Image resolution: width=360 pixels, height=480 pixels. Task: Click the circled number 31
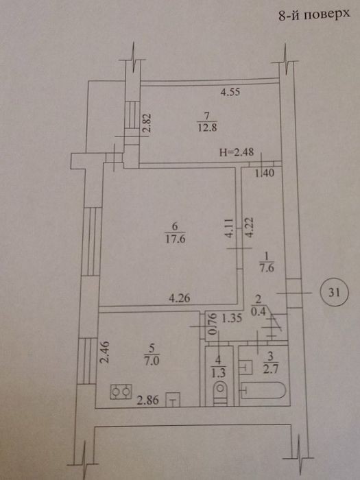click(x=335, y=293)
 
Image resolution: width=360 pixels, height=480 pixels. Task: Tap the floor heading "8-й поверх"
click(x=314, y=15)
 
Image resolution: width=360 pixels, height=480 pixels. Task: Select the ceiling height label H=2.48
click(x=237, y=152)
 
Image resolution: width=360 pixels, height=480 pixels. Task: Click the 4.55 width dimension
click(x=230, y=92)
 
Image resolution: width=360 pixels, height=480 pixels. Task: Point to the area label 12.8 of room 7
click(x=207, y=127)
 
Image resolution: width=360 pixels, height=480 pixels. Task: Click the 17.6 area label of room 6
click(x=176, y=239)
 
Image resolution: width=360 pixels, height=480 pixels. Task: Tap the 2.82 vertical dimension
click(x=147, y=122)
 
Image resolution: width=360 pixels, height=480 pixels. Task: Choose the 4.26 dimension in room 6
click(x=180, y=298)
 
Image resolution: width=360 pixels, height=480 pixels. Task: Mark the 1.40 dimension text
click(x=265, y=173)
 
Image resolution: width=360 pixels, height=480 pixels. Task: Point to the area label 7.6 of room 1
click(x=266, y=269)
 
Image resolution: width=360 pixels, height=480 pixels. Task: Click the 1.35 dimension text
click(x=232, y=319)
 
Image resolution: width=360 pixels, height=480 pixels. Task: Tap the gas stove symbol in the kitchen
click(x=121, y=392)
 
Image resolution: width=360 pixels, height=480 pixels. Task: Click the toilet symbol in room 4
click(x=220, y=392)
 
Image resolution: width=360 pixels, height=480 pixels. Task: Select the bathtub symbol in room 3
click(x=263, y=390)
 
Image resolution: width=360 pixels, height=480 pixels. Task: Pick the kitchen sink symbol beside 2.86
click(x=173, y=400)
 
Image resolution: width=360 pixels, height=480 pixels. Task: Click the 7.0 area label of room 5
click(x=152, y=361)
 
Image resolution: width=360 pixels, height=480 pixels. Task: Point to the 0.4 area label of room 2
click(x=257, y=311)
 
